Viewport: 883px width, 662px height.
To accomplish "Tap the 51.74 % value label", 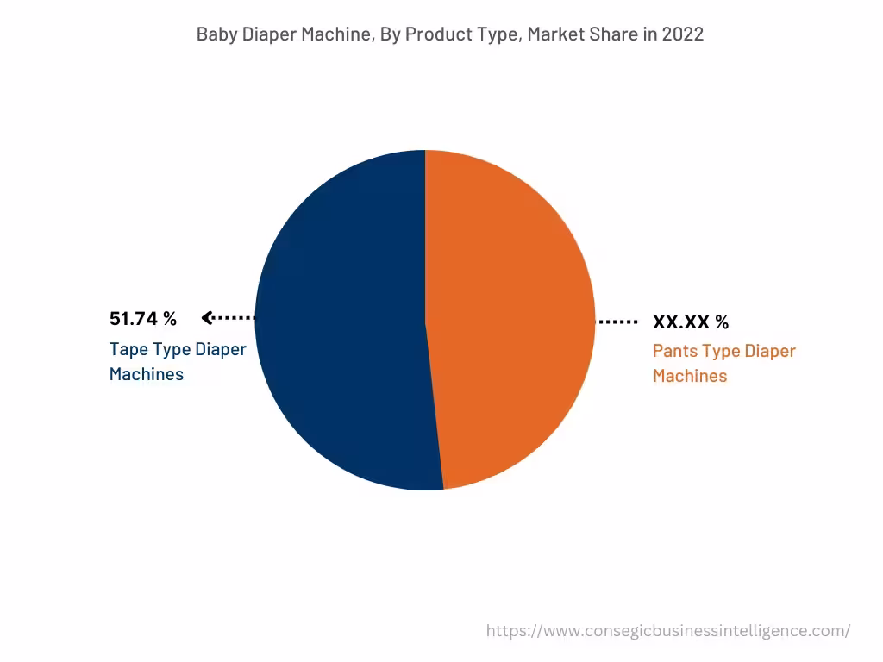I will (143, 319).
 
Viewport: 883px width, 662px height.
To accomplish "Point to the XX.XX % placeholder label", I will (691, 322).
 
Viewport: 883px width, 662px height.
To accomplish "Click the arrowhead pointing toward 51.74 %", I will (207, 318).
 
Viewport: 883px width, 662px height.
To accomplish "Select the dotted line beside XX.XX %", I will (617, 322).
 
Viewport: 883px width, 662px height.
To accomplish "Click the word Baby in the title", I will (214, 34).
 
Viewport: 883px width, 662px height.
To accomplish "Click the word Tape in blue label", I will (128, 350).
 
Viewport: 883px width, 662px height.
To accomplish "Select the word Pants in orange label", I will (676, 352).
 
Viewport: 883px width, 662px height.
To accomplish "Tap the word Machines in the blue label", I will (147, 374).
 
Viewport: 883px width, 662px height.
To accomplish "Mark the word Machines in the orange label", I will (690, 376).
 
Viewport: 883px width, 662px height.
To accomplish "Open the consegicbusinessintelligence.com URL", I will (668, 631).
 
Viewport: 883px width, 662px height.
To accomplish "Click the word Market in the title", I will (554, 34).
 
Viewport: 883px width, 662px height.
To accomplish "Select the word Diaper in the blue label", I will (220, 350).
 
